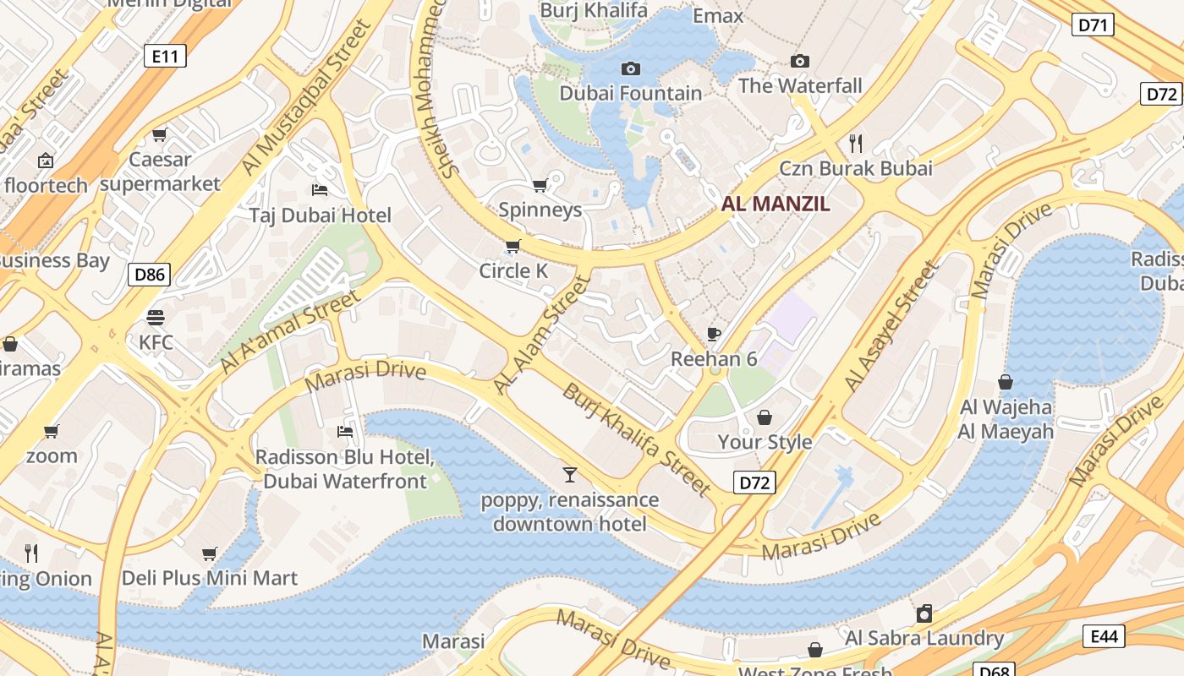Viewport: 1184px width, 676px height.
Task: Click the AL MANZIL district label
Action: click(776, 204)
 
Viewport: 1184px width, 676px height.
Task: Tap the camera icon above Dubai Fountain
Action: click(631, 68)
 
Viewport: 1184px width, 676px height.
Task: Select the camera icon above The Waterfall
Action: click(799, 61)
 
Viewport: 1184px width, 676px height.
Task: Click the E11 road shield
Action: click(165, 57)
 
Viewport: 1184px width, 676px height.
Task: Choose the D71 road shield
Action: click(1093, 25)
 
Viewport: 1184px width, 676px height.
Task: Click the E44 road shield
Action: click(1104, 636)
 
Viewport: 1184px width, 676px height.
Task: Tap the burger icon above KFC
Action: click(156, 318)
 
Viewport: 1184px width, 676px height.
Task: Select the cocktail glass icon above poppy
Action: click(570, 474)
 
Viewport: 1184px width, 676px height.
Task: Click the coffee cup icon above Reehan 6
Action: click(714, 334)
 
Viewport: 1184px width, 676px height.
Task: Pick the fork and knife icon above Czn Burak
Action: click(856, 143)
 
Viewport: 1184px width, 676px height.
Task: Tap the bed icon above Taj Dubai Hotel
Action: click(320, 189)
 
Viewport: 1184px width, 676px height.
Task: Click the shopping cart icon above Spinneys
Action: click(540, 184)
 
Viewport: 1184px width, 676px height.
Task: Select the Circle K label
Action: click(513, 271)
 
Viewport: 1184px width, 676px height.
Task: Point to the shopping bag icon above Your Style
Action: click(765, 417)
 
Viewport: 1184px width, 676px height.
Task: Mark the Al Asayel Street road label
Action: click(891, 326)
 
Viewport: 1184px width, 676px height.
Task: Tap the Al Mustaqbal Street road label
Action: click(307, 99)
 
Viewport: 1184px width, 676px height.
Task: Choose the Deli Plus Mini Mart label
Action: click(210, 579)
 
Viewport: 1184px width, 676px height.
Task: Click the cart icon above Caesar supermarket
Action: click(159, 134)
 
